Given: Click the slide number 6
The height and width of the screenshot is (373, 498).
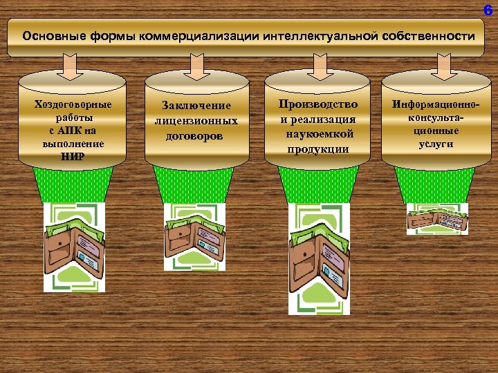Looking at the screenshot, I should click(488, 10).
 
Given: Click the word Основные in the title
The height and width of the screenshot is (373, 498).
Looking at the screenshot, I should click(54, 35).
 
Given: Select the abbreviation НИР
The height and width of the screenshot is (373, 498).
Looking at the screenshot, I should click(73, 156).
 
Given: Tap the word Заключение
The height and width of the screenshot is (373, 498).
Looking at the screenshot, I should click(196, 106).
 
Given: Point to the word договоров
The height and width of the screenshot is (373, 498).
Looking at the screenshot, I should click(196, 135).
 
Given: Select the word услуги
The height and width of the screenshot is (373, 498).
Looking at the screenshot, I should click(435, 144).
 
